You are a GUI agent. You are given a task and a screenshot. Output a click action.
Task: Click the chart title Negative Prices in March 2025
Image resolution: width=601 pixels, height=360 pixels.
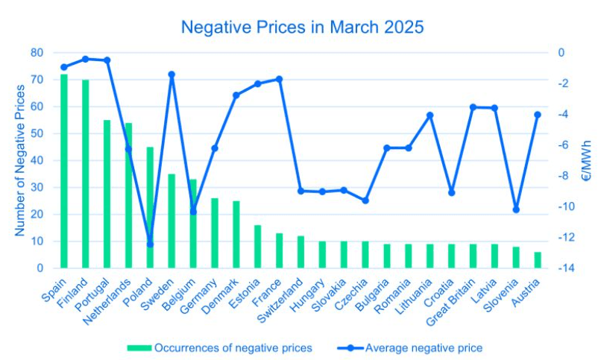[302, 28]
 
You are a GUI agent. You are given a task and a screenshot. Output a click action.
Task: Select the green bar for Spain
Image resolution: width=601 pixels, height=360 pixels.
[64, 171]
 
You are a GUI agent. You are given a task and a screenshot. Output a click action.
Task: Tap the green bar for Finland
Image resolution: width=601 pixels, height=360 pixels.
[86, 174]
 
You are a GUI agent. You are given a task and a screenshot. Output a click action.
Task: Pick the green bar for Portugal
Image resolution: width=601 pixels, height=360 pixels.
[107, 194]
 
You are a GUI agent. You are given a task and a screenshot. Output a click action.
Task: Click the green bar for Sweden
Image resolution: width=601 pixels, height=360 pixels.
[172, 221]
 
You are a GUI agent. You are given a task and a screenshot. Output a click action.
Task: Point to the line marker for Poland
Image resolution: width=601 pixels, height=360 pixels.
[150, 244]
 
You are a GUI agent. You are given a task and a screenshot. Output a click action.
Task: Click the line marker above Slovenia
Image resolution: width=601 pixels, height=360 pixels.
[516, 209]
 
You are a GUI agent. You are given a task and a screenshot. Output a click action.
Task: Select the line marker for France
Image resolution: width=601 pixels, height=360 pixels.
[280, 79]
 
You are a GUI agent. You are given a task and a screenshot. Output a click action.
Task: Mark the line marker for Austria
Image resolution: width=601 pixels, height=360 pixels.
[538, 115]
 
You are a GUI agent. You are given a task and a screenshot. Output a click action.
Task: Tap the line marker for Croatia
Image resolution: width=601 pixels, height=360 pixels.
[451, 192]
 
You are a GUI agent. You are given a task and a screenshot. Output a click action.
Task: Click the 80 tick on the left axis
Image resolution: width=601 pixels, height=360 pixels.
[37, 53]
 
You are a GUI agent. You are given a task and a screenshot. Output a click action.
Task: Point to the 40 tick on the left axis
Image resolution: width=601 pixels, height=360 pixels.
[37, 160]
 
